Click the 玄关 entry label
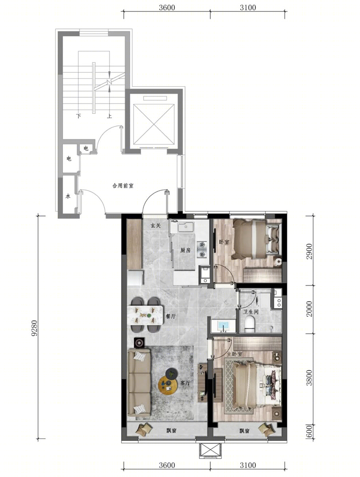click(155, 225)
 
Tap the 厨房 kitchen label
click(185, 250)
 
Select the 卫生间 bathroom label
click(251, 312)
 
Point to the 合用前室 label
click(123, 186)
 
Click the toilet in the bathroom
click(249, 324)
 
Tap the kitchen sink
click(186, 227)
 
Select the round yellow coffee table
click(167, 386)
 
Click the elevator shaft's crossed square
click(154, 124)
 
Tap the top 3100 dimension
click(248, 8)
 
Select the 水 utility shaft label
click(68, 196)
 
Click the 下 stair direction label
click(79, 116)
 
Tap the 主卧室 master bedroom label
click(235, 354)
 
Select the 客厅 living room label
click(185, 383)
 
